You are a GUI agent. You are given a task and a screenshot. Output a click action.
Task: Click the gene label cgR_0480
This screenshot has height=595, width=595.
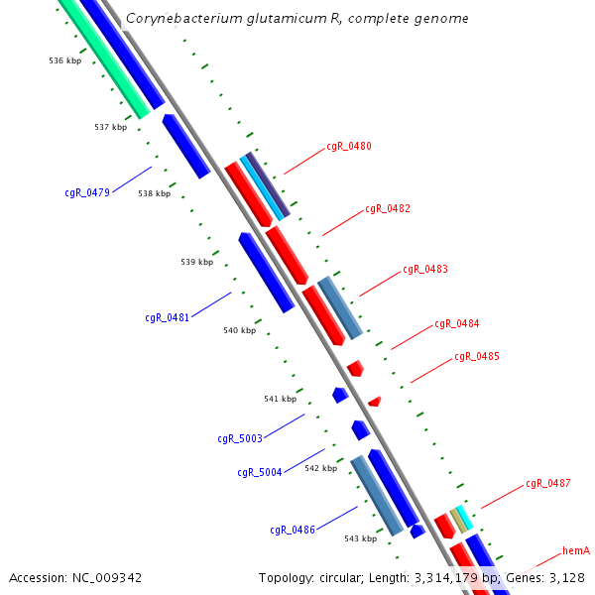point(349,147)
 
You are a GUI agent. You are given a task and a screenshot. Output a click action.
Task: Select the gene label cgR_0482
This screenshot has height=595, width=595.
point(388,209)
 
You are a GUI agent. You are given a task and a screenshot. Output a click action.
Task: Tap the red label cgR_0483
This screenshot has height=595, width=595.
point(425,270)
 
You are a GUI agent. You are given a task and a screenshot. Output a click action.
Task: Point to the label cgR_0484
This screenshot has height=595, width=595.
point(457,324)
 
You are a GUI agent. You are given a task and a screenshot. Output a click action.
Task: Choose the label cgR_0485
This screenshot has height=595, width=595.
point(477,357)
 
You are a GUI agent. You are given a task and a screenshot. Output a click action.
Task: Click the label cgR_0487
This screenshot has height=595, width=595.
point(548,484)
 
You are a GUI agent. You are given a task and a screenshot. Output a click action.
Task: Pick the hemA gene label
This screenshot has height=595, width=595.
point(576,550)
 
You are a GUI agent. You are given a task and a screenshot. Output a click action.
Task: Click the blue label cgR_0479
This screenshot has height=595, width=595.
point(87,192)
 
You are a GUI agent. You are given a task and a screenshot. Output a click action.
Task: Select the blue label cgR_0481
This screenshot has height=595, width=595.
point(167,318)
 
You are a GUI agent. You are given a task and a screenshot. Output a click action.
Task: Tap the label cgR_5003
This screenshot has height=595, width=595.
point(240,438)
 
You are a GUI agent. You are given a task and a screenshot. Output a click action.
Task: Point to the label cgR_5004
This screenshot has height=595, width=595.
point(260,472)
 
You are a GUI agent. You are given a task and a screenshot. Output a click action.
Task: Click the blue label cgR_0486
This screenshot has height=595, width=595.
point(293,530)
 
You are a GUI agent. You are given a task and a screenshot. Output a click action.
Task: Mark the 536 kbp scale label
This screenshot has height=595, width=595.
point(65,61)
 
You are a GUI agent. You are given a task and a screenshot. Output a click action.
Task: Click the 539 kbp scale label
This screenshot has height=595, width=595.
point(197,263)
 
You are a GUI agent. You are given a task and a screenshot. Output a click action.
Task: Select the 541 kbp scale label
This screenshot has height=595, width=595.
point(281,399)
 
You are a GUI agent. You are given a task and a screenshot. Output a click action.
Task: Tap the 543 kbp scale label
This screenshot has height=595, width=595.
point(361,538)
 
